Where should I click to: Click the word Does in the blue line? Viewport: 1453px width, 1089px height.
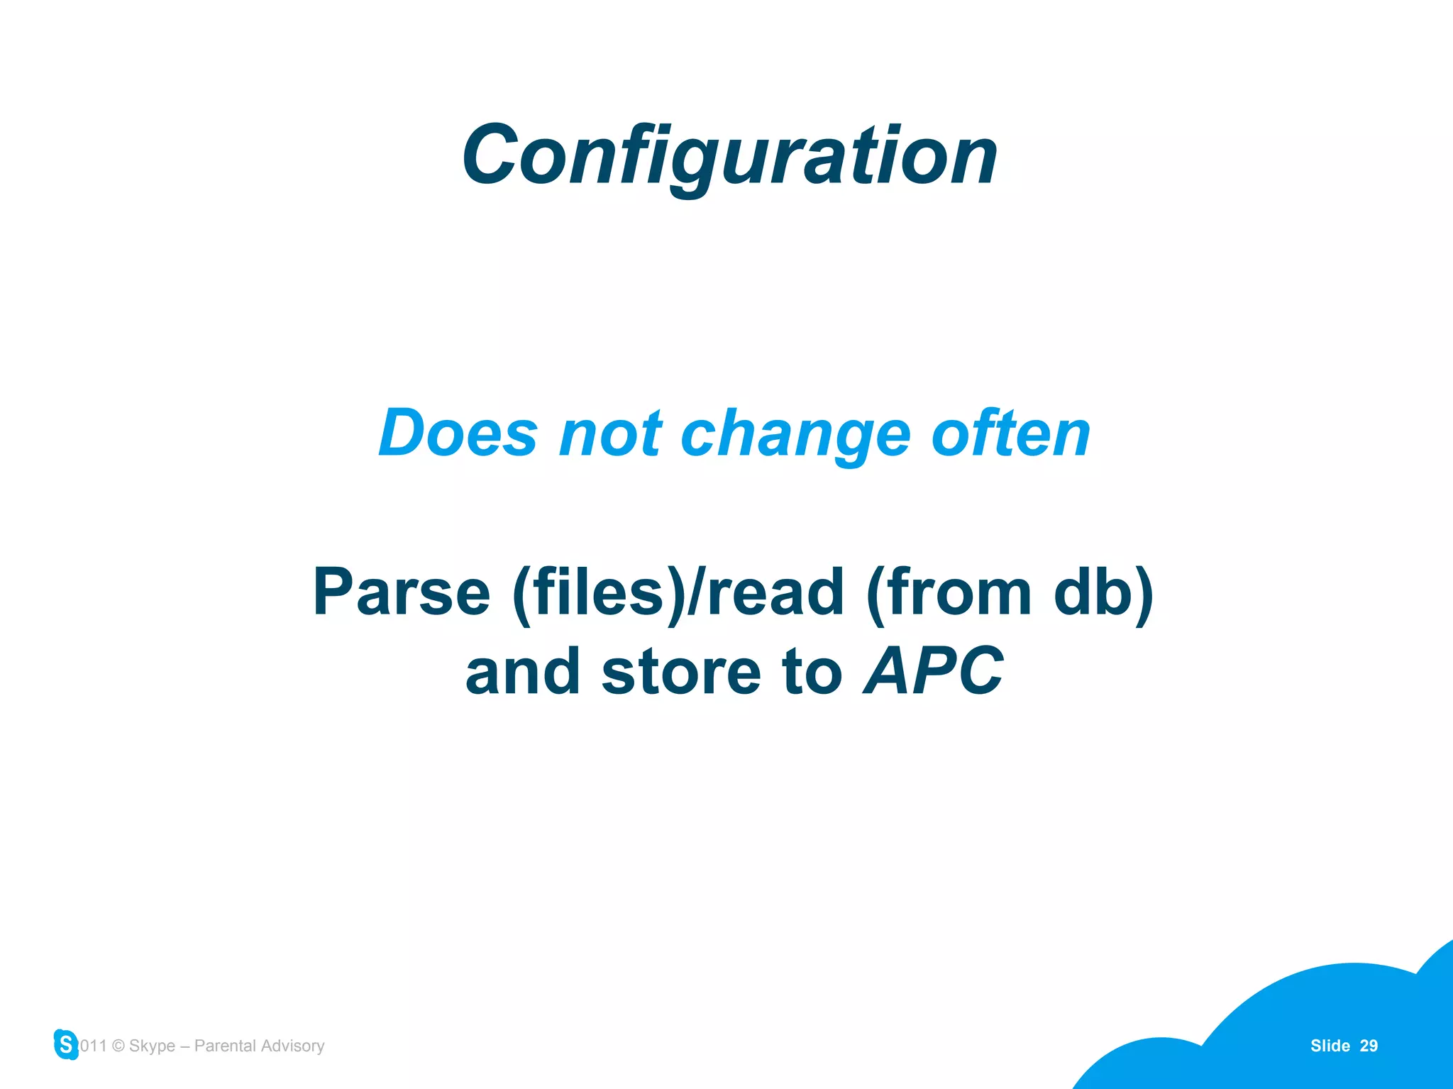(x=458, y=433)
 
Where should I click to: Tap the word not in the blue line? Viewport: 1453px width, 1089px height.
(x=610, y=433)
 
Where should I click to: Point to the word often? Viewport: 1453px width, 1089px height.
(x=1010, y=433)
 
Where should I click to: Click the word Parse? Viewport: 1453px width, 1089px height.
(x=402, y=592)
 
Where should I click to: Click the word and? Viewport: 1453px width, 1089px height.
(x=522, y=672)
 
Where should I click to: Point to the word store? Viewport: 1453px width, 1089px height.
(x=681, y=672)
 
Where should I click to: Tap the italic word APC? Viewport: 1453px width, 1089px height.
(x=934, y=672)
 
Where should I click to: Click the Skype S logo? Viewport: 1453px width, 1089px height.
(x=66, y=1044)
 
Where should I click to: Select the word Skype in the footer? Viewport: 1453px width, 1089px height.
(x=152, y=1046)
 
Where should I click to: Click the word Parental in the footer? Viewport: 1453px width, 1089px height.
(x=225, y=1046)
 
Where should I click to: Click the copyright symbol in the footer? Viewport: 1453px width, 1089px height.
(x=118, y=1046)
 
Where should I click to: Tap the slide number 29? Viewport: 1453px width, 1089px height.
(x=1369, y=1046)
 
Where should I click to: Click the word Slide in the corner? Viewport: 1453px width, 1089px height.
(x=1330, y=1046)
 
